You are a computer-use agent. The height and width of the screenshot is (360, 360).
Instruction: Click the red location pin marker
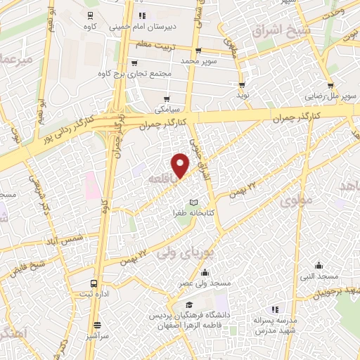[181, 165]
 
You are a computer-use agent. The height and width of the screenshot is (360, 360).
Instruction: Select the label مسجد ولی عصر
[204, 283]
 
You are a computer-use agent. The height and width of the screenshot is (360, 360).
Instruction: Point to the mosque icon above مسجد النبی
[320, 266]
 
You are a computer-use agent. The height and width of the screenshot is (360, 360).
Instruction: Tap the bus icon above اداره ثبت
[94, 284]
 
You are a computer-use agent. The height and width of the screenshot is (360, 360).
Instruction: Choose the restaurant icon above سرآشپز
[97, 325]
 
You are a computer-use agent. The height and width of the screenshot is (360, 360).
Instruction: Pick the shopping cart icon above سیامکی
[167, 99]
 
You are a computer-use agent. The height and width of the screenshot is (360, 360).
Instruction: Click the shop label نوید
[243, 94]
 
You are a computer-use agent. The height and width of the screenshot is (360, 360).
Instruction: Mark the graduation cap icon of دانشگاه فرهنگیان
[189, 305]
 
